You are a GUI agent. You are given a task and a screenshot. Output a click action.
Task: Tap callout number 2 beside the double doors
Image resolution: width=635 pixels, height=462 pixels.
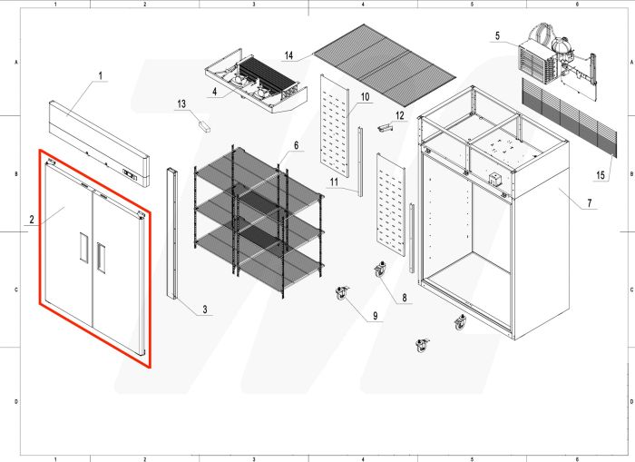32,219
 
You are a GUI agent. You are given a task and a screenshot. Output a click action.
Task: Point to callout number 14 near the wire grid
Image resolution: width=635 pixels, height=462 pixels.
288,55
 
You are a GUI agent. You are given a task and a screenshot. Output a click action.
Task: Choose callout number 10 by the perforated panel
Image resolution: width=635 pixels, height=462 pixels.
365,95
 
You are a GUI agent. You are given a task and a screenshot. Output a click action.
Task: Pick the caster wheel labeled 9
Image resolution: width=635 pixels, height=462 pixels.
342,293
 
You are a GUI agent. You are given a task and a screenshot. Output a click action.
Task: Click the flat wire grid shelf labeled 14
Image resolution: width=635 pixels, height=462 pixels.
383,64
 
